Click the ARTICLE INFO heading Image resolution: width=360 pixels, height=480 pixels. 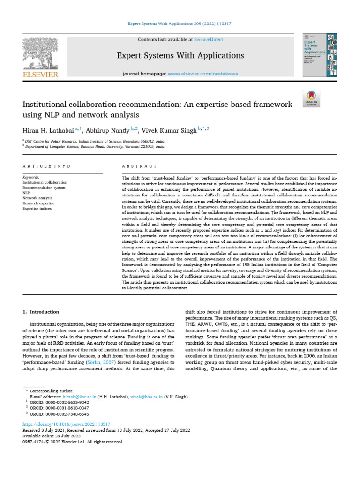tap(46, 166)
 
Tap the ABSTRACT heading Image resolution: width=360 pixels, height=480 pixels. tap(139, 166)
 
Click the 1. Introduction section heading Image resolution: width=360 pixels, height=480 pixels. tap(41, 312)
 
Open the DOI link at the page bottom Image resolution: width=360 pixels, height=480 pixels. tap(67, 423)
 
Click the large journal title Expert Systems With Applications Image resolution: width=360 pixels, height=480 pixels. tap(180, 56)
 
